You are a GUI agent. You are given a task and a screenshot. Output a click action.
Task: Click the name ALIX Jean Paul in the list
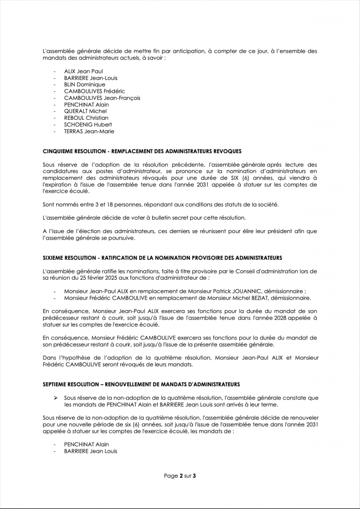click(x=84, y=72)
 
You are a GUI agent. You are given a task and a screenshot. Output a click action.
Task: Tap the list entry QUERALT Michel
click(x=86, y=111)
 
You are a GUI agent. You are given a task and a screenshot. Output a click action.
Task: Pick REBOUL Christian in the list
click(x=86, y=118)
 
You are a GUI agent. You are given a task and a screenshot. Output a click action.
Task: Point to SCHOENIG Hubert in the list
click(x=88, y=125)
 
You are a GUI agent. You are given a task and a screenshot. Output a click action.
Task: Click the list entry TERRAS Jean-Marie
click(x=89, y=131)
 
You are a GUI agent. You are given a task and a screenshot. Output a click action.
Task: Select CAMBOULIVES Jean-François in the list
click(x=102, y=98)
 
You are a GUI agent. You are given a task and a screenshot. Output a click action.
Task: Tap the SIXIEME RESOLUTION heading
click(x=163, y=258)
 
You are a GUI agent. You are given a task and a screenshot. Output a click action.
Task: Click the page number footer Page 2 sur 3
click(x=180, y=476)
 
